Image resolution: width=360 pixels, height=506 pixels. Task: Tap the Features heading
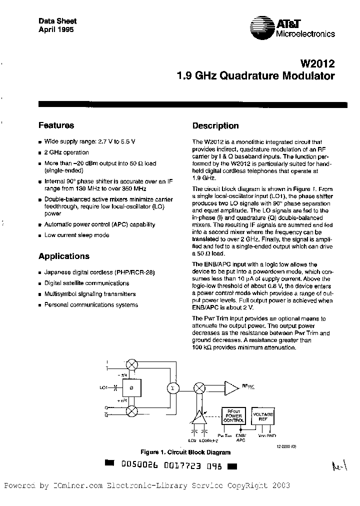[56, 125]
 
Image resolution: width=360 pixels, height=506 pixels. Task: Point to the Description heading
[215, 126]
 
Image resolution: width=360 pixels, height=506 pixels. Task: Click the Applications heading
[64, 256]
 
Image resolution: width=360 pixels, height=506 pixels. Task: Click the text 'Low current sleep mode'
[76, 235]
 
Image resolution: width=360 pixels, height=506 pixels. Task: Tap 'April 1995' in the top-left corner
[56, 29]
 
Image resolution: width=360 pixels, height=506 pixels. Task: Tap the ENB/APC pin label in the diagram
[241, 439]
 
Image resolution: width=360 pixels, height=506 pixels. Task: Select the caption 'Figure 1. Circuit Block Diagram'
[185, 452]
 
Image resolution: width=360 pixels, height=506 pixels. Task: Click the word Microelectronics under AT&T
[305, 34]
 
